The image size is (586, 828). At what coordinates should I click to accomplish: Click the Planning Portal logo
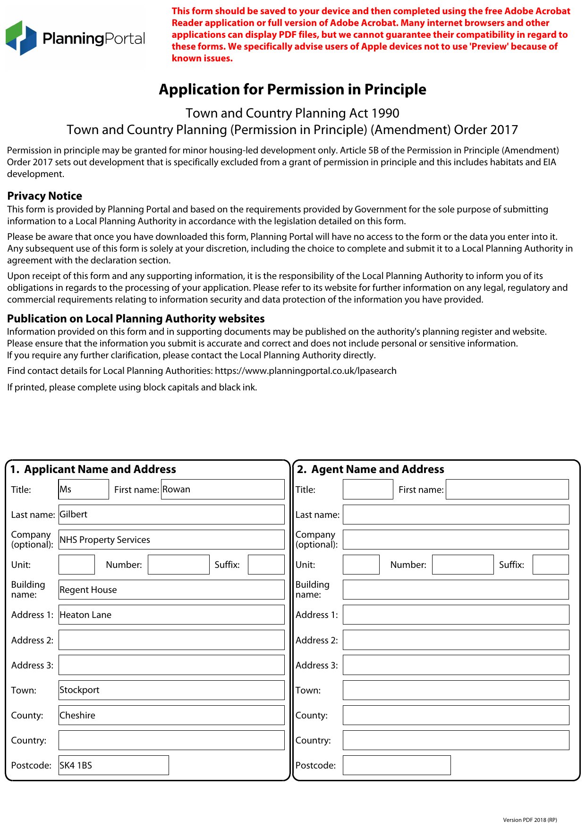(76, 38)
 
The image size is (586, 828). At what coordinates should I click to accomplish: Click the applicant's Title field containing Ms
(84, 489)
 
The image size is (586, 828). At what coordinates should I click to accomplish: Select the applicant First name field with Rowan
(222, 489)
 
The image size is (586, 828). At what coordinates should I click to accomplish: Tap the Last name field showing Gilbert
(171, 514)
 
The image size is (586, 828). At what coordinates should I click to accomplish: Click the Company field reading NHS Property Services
(171, 540)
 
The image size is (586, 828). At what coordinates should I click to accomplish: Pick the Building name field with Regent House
(171, 590)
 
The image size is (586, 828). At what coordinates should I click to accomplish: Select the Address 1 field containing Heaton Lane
(171, 615)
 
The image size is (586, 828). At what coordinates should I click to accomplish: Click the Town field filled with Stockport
(171, 690)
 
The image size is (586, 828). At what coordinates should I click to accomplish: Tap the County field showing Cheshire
(171, 715)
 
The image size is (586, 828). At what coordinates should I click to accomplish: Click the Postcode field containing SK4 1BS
(113, 765)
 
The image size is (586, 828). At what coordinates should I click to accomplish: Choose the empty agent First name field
(507, 489)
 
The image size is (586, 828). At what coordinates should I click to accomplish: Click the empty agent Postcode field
(397, 765)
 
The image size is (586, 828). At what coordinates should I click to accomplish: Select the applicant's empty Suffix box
(266, 565)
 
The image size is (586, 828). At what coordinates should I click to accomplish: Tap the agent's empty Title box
(368, 489)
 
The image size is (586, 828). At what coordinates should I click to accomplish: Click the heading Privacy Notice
(45, 196)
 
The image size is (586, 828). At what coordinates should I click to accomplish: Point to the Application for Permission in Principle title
(292, 89)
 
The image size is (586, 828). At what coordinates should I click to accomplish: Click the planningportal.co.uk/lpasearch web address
(306, 371)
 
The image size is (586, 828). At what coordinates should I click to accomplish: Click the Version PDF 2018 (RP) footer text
(530, 820)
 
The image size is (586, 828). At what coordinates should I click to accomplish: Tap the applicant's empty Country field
(171, 740)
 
